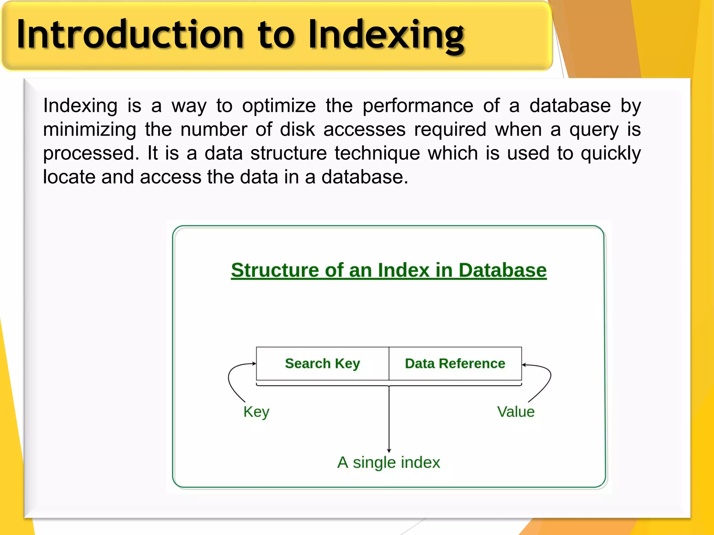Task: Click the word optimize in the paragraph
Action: pyautogui.click(x=279, y=106)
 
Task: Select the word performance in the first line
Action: pyautogui.click(x=418, y=106)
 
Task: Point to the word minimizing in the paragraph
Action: pyautogui.click(x=90, y=130)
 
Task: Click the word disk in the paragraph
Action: pyautogui.click(x=297, y=130)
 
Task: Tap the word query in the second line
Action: pyautogui.click(x=594, y=130)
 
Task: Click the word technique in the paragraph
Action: pyautogui.click(x=377, y=153)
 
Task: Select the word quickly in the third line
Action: pyautogui.click(x=610, y=153)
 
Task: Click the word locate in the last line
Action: pyautogui.click(x=69, y=177)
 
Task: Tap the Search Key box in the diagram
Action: pyautogui.click(x=322, y=364)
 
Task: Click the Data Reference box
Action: pyautogui.click(x=455, y=364)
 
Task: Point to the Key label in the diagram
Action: pyautogui.click(x=256, y=412)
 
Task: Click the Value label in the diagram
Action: pyautogui.click(x=516, y=412)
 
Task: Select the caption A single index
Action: pyautogui.click(x=388, y=463)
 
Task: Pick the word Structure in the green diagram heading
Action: pyautogui.click(x=274, y=270)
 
